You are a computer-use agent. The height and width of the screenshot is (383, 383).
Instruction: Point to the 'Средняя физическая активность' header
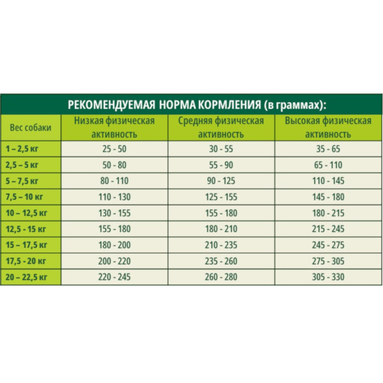[x=220, y=127]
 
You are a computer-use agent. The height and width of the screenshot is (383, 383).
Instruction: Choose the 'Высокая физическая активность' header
[x=328, y=127]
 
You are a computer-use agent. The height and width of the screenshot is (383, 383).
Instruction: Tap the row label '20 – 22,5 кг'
[x=25, y=276]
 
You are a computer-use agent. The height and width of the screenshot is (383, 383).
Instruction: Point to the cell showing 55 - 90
[x=220, y=165]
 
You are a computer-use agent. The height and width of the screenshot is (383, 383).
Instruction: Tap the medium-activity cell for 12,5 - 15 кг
[x=220, y=228]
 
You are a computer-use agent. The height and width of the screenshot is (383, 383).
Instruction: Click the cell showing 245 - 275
[x=328, y=244]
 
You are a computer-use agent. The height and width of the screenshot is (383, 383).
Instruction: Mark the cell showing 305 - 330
[x=328, y=276]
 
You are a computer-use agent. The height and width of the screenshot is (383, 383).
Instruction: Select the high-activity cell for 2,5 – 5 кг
[x=328, y=165]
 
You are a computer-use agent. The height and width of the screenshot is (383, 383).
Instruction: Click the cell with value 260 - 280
[x=220, y=276]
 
